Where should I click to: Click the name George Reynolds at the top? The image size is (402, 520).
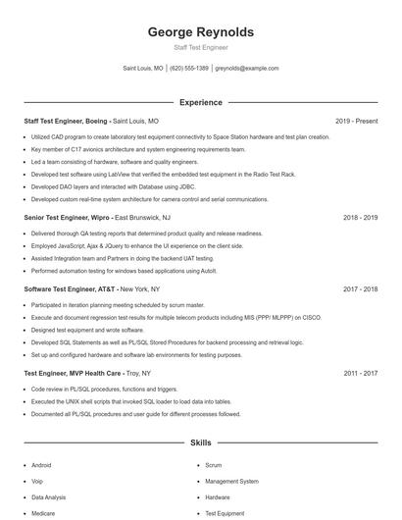[200, 31]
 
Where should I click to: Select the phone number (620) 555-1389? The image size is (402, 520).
[189, 69]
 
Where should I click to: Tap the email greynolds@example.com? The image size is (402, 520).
[247, 69]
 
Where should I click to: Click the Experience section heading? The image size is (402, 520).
[200, 102]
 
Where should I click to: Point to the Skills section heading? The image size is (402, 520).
[200, 443]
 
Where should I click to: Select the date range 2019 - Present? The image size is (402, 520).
[356, 121]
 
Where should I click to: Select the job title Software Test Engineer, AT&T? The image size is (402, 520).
[70, 289]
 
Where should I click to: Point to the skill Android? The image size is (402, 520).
[41, 465]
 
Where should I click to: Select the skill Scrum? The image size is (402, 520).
[214, 465]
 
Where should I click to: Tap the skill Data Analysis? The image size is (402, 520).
[49, 497]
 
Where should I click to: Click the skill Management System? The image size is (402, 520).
[231, 482]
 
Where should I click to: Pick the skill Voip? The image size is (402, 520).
[37, 482]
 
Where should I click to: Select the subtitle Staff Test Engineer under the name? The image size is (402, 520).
[200, 47]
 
